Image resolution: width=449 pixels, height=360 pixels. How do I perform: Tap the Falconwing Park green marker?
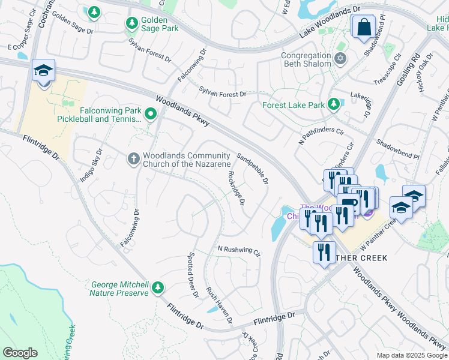tap(150, 112)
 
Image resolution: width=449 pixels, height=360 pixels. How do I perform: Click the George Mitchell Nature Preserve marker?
tap(157, 288)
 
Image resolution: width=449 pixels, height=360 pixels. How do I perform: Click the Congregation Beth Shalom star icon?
tap(340, 59)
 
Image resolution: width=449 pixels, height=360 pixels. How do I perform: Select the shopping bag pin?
tap(363, 27)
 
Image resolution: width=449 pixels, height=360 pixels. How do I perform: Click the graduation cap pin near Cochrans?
tap(43, 71)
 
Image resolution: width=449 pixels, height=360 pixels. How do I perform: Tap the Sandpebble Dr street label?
tap(252, 168)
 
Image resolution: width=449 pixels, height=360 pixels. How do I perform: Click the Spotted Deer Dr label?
tap(193, 275)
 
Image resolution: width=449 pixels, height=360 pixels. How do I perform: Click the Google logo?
tap(20, 352)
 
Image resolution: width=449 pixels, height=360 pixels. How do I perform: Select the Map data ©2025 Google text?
tap(411, 355)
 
